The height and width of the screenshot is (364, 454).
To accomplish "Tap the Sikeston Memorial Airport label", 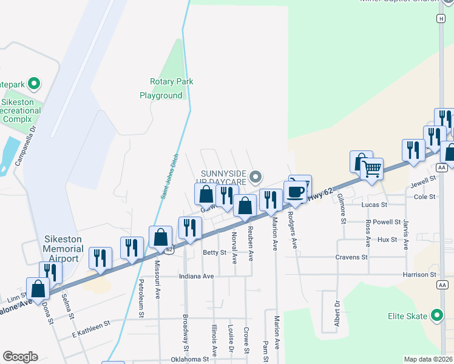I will (63, 249).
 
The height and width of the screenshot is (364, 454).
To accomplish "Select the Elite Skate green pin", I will (436, 315).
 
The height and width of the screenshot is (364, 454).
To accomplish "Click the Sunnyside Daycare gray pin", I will (256, 177).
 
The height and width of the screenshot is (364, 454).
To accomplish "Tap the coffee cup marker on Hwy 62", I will (295, 192).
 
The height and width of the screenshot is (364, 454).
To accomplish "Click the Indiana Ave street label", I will (196, 276).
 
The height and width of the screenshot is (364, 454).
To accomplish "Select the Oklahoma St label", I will (188, 359).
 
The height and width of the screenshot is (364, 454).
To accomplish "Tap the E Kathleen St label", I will (91, 324).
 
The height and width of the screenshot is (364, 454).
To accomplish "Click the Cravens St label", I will (352, 257).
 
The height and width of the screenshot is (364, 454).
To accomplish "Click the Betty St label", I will (214, 252).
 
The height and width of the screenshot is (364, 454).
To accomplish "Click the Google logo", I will (20, 357).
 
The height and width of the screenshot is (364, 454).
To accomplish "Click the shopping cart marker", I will (371, 168).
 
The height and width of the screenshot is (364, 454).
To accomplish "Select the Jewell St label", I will (424, 180).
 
